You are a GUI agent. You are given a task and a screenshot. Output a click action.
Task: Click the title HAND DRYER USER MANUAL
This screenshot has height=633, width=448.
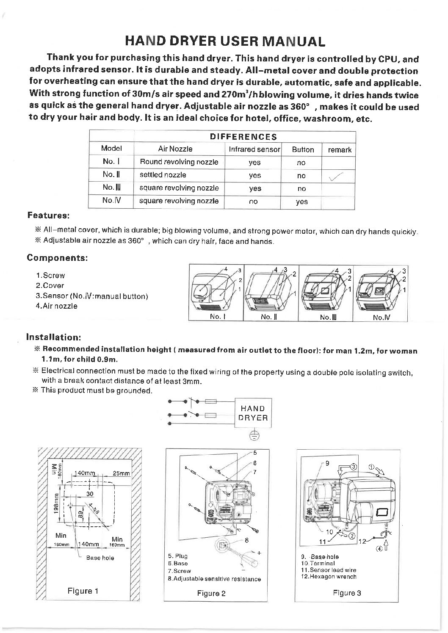pyautogui.click(x=225, y=41)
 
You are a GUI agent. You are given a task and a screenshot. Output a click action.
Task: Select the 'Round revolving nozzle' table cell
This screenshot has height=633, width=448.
pyautogui.click(x=179, y=162)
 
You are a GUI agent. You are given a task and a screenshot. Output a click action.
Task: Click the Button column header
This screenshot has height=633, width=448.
pyautogui.click(x=303, y=149)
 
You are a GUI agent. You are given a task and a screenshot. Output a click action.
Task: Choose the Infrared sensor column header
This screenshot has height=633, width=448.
pyautogui.click(x=254, y=149)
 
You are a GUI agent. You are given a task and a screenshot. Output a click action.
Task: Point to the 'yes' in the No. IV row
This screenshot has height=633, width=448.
pyautogui.click(x=301, y=202)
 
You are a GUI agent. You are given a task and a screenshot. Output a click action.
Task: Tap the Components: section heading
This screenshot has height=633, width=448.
pyautogui.click(x=57, y=257)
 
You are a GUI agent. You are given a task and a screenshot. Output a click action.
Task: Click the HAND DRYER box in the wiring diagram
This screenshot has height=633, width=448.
pyautogui.click(x=253, y=413)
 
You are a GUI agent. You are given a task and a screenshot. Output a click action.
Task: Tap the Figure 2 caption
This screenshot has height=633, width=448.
pyautogui.click(x=211, y=593)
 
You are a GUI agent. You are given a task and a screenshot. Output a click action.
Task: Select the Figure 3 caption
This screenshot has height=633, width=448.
pyautogui.click(x=347, y=593)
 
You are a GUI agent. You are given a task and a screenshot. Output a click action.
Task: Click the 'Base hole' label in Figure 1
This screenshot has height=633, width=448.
pyautogui.click(x=100, y=558)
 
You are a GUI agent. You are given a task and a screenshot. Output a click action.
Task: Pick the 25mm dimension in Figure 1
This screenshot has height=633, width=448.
pyautogui.click(x=122, y=474)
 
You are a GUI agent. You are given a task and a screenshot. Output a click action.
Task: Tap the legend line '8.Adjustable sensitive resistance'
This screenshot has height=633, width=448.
pyautogui.click(x=214, y=579)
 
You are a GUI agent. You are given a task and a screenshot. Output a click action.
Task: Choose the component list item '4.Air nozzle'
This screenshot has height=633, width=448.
pyautogui.click(x=57, y=306)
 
